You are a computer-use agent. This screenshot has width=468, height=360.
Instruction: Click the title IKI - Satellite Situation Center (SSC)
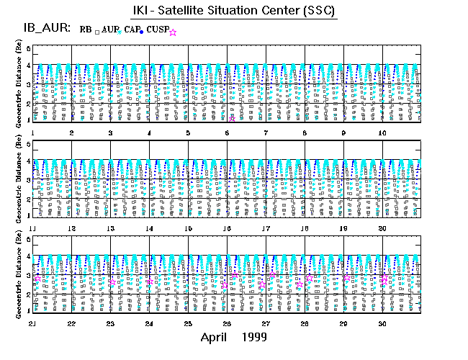pos(235,11)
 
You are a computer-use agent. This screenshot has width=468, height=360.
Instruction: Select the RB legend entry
pos(86,30)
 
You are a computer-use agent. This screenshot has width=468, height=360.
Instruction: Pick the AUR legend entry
pos(109,30)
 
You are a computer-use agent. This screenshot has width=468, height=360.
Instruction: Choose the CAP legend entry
pos(134,30)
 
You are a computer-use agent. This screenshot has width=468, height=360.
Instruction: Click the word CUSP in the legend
pos(158,30)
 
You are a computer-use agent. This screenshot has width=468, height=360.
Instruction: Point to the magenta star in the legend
pos(173,32)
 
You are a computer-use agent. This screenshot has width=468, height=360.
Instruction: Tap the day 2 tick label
pos(71,133)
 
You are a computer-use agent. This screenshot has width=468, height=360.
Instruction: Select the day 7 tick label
pos(266,133)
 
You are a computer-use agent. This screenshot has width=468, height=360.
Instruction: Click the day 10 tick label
pos(382,133)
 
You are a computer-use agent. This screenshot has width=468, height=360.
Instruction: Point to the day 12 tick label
pos(71,228)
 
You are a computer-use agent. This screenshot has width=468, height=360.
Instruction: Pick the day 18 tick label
pos(305,228)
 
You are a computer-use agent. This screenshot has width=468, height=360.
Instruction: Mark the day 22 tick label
pos(71,323)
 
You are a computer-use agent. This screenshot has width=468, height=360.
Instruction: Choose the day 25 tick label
pos(188,323)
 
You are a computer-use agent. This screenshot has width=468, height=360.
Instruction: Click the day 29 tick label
pos(343,323)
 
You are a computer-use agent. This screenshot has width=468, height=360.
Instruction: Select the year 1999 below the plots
pos(255,337)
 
